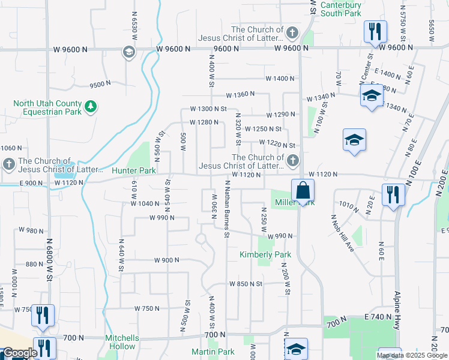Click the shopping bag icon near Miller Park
[x=303, y=190]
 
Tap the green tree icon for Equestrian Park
[x=91, y=107]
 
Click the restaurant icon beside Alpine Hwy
[x=393, y=195]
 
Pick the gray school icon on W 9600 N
[x=128, y=52]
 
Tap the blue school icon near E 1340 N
[x=371, y=95]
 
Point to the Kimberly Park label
[x=265, y=255]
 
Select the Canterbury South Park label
[x=341, y=8]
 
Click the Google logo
[x=20, y=353]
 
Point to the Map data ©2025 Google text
[x=412, y=355]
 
